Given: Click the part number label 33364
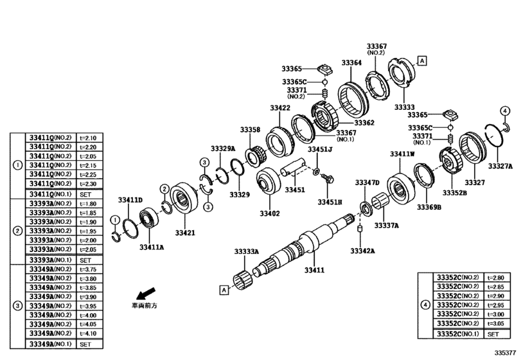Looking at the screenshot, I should click(x=351, y=63).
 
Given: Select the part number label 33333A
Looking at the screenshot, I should click(x=247, y=252).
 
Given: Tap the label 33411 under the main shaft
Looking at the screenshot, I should click(x=314, y=271).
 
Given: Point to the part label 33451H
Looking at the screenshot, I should click(x=330, y=202).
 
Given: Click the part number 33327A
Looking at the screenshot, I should click(x=500, y=166).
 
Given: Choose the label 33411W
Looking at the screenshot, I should click(x=403, y=154).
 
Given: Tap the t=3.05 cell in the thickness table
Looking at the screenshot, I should click(x=497, y=324).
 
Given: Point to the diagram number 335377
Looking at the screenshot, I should click(x=504, y=353).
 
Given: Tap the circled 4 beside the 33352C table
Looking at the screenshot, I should click(x=425, y=305).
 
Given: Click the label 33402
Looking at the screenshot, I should click(x=270, y=213).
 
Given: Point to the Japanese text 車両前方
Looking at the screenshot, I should click(x=144, y=306).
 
